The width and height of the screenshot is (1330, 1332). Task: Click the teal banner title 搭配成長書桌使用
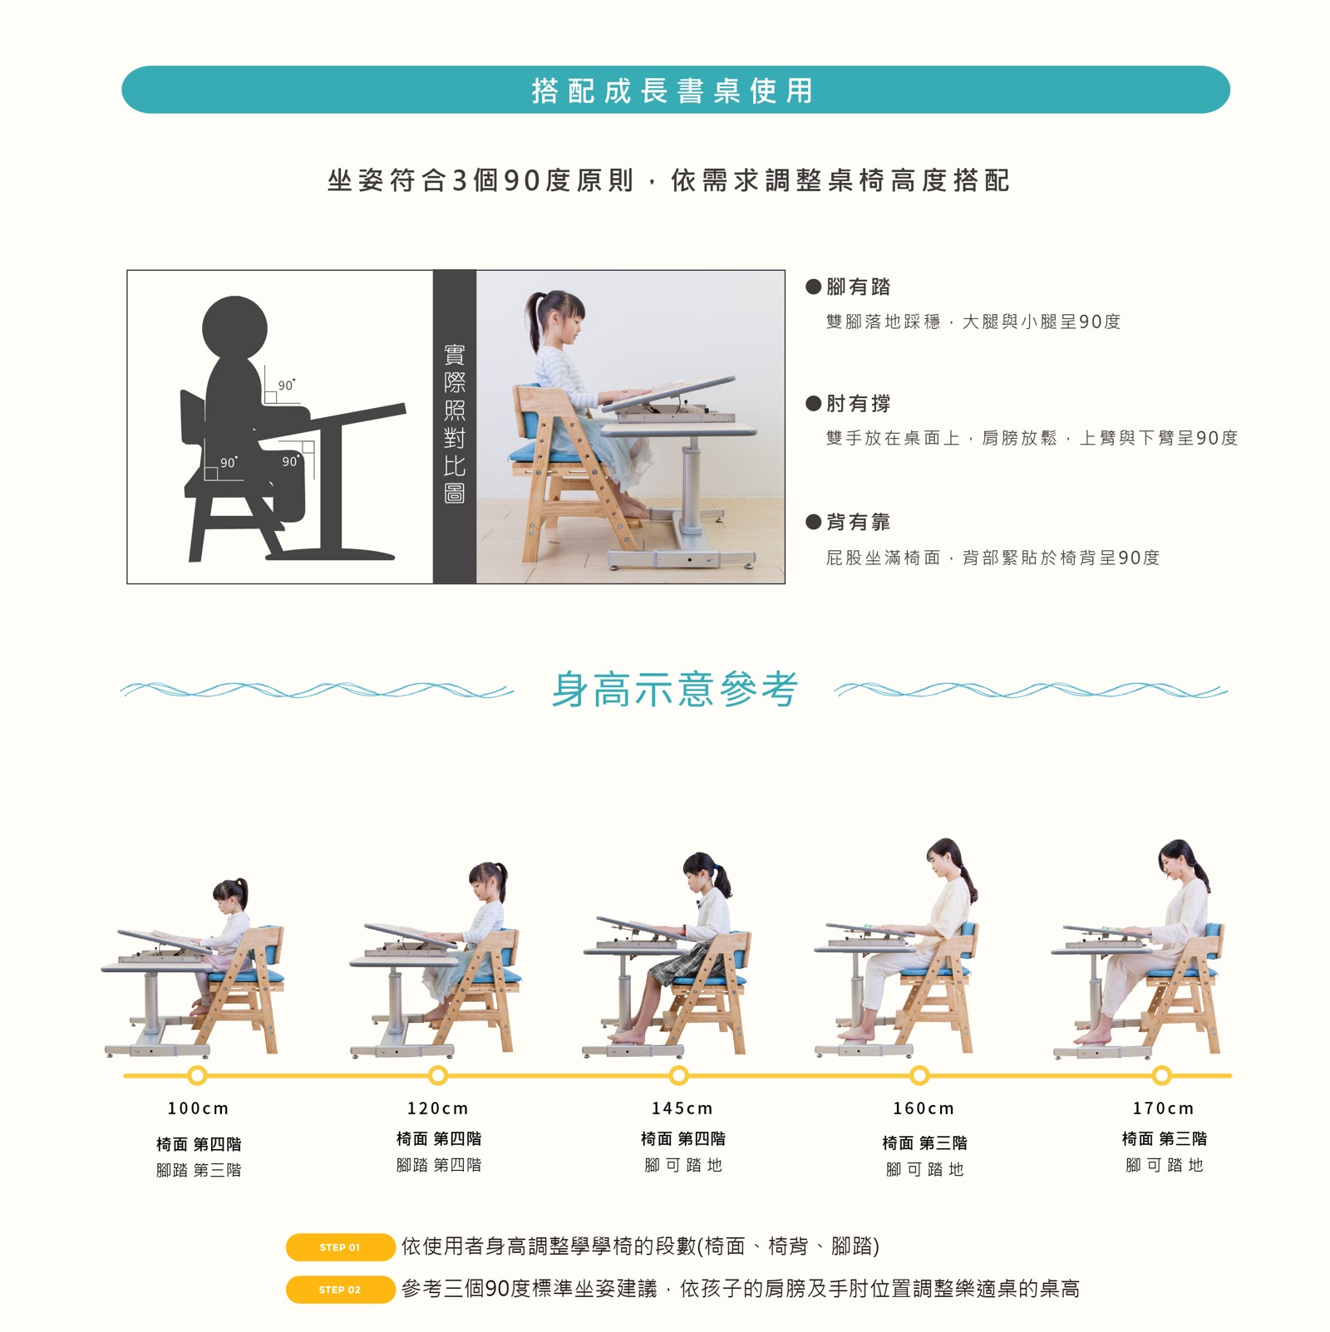click(672, 91)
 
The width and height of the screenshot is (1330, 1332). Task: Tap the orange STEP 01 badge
click(340, 1247)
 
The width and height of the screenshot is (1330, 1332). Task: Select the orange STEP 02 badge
click(340, 1290)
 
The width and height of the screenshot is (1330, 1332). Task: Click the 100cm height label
click(198, 1108)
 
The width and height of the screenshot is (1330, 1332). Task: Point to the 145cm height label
click(682, 1108)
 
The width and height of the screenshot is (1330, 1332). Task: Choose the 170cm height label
click(1163, 1108)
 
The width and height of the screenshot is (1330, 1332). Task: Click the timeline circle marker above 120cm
click(438, 1075)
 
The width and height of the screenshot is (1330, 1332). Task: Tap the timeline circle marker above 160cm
click(919, 1075)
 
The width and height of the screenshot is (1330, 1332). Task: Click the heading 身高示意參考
click(674, 689)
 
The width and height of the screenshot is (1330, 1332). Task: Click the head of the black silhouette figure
click(235, 328)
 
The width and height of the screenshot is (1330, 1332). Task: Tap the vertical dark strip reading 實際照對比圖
click(455, 426)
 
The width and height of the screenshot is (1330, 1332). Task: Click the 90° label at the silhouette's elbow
click(287, 386)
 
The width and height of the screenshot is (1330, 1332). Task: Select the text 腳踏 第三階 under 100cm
click(199, 1170)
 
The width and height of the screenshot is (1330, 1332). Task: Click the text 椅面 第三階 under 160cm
click(924, 1143)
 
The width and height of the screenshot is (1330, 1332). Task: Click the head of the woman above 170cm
click(1180, 862)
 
